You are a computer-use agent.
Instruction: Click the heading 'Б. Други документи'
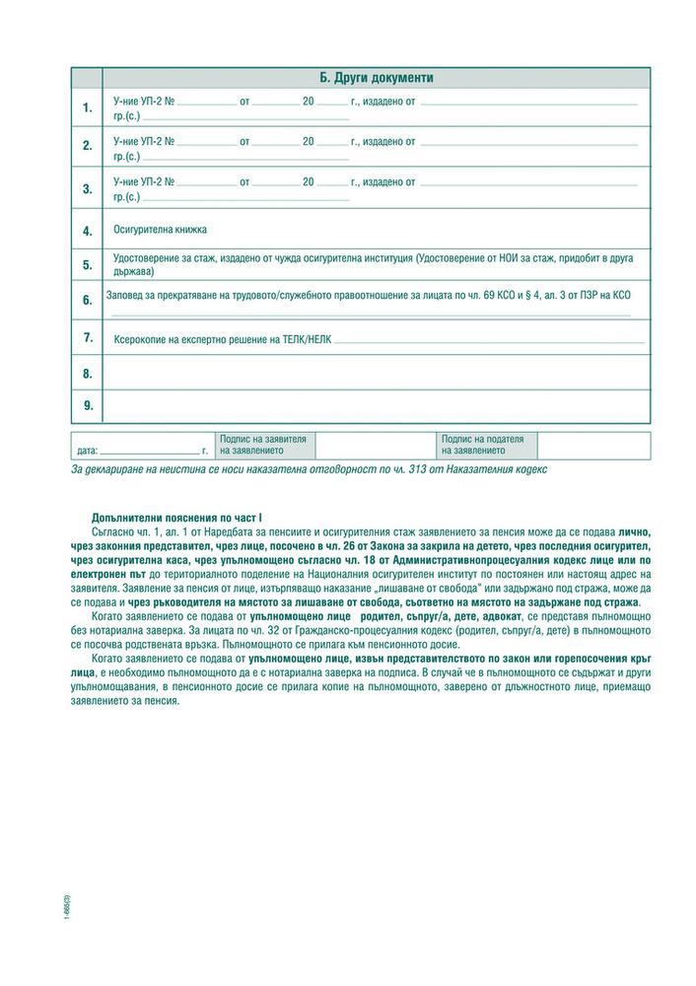click(377, 78)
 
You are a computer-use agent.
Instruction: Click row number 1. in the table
click(87, 107)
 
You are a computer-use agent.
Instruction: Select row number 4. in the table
click(87, 231)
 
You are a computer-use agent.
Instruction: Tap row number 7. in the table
click(87, 337)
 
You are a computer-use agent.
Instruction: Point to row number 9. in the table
click(87, 405)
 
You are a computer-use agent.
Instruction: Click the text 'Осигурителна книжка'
click(160, 229)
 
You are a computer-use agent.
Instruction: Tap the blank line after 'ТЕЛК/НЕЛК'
click(488, 341)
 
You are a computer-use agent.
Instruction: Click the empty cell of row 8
click(377, 373)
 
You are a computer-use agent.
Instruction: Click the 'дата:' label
click(87, 451)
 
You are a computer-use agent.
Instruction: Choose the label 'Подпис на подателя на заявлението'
click(483, 445)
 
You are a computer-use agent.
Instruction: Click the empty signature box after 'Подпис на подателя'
click(593, 445)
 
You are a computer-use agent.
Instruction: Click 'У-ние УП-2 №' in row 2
click(144, 142)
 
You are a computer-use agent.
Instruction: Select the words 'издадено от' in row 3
click(389, 182)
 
